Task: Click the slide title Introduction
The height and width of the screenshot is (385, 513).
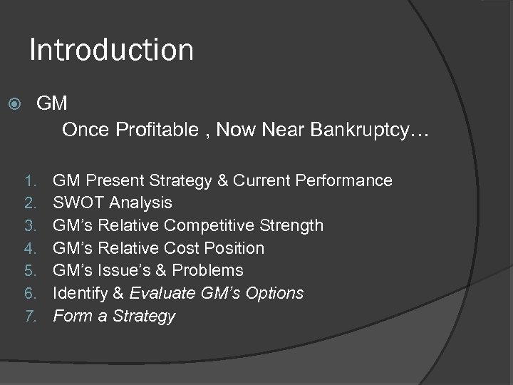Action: point(111,50)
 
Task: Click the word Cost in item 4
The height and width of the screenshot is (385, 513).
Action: point(183,248)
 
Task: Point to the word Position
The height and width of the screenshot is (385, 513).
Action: point(234,248)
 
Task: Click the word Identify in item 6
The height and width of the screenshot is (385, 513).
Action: point(78,293)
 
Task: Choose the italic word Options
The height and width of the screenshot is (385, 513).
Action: point(274,293)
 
